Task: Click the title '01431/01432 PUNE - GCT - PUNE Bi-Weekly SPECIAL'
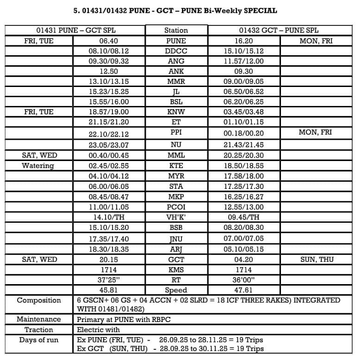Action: click(x=176, y=10)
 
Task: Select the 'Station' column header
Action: click(x=176, y=31)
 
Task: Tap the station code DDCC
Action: click(x=176, y=51)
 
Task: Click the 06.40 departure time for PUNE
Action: click(x=109, y=41)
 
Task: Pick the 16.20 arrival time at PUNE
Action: click(x=243, y=41)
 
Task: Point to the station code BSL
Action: click(x=176, y=101)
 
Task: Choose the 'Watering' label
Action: click(x=38, y=166)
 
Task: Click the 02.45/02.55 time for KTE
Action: click(x=109, y=166)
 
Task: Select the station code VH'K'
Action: click(x=176, y=217)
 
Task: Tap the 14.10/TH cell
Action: click(x=109, y=217)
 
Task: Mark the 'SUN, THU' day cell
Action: click(x=317, y=260)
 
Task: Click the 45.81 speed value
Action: click(x=109, y=290)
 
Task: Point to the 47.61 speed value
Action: click(x=243, y=290)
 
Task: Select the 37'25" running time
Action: click(x=109, y=280)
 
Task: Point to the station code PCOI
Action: click(x=176, y=207)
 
